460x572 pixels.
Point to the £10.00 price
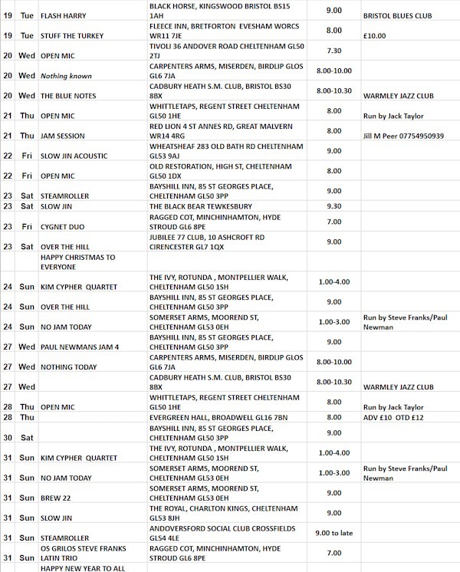point(376,35)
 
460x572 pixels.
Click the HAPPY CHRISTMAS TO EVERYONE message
point(77,263)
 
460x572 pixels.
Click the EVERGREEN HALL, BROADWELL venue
point(215,417)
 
